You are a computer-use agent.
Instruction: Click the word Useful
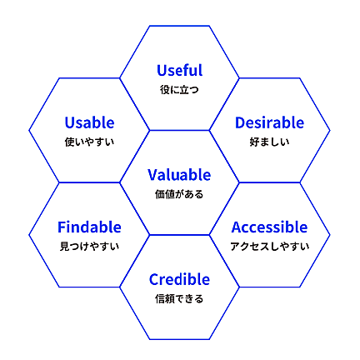coord(180,70)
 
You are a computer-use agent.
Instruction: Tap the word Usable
coord(89,122)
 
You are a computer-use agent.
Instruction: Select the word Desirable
coord(269,122)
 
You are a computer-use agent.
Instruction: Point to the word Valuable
coord(179,175)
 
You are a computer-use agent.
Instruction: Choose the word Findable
coord(89,227)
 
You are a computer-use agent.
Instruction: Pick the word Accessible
coord(269,227)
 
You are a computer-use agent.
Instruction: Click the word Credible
coord(179,279)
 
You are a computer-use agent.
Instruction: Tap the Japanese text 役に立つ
coord(179,90)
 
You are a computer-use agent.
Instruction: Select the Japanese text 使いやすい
coord(89,142)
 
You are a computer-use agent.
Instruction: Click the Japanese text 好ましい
coord(269,142)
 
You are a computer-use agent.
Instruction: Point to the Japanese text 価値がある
coord(179,194)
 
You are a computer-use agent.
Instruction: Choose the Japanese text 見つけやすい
coord(89,247)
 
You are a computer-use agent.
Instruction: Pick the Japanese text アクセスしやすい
coord(270,247)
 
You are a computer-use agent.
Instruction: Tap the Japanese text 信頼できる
coord(179,298)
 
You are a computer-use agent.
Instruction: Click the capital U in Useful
coord(162,71)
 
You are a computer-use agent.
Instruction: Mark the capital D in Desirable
coord(240,122)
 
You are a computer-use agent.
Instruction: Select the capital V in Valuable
coord(153,175)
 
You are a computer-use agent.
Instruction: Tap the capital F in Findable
coord(62,227)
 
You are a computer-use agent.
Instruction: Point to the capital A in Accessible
coord(237,227)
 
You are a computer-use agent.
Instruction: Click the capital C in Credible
coord(154,279)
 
